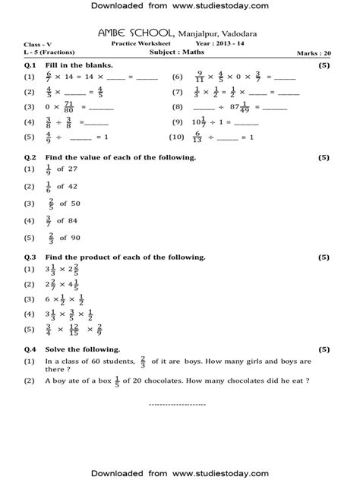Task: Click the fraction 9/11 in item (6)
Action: pos(198,77)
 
